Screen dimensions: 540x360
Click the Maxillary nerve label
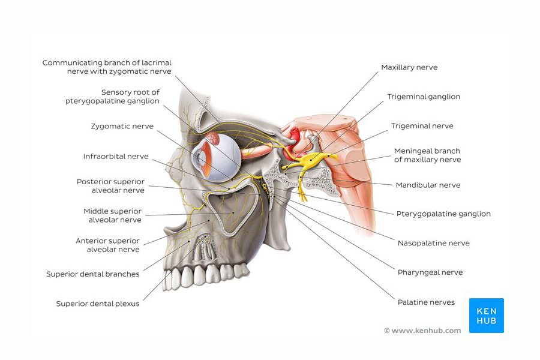point(409,68)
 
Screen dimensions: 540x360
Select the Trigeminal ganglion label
point(424,97)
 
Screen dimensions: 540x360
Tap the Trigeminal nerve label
point(422,126)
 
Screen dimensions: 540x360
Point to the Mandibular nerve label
point(428,185)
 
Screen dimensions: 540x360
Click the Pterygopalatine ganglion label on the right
point(443,214)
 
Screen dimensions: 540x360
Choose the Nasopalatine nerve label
point(434,243)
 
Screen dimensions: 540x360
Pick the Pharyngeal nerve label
point(430,272)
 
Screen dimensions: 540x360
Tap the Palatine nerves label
point(426,302)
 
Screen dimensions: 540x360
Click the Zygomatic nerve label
point(122,127)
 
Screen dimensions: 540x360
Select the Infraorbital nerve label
point(116,157)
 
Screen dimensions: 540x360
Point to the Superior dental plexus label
point(98,304)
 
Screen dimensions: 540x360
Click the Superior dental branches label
point(92,274)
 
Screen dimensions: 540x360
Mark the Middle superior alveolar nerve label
point(113,215)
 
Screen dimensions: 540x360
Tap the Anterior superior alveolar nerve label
point(108,245)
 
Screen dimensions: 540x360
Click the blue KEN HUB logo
point(486,316)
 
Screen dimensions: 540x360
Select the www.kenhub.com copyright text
point(422,331)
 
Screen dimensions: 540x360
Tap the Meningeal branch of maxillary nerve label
point(427,155)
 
